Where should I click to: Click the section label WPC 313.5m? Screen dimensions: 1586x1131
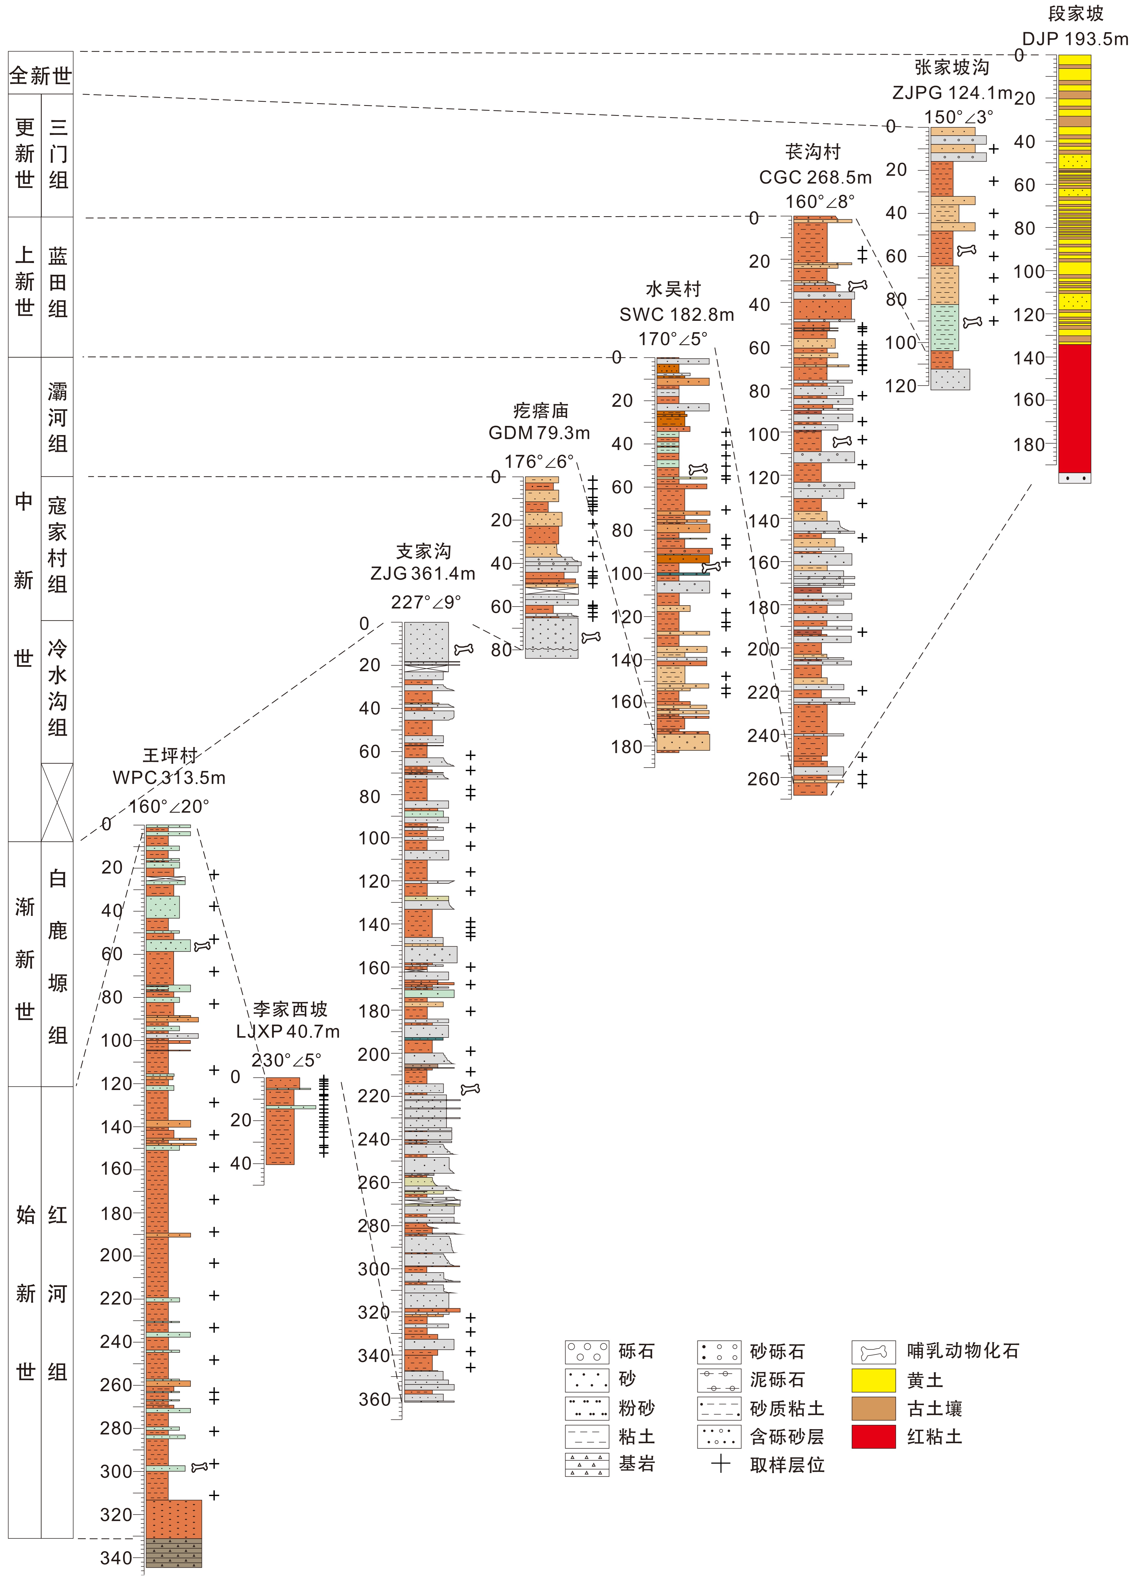[x=169, y=778]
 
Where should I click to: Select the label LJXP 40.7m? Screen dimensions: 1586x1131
[x=288, y=1032]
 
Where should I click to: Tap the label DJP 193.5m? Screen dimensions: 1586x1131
[x=1075, y=39]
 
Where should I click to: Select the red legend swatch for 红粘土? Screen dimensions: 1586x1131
[x=873, y=1437]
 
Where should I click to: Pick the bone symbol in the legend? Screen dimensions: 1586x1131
[x=873, y=1352]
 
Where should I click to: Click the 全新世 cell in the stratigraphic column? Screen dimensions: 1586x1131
[x=40, y=75]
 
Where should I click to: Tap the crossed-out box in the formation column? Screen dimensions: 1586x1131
[x=57, y=802]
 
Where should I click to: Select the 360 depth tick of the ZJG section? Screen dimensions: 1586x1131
[x=375, y=1399]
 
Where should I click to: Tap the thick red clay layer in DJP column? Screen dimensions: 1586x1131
[x=1075, y=407]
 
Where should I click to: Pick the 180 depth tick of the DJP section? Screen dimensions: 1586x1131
[x=1029, y=444]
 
